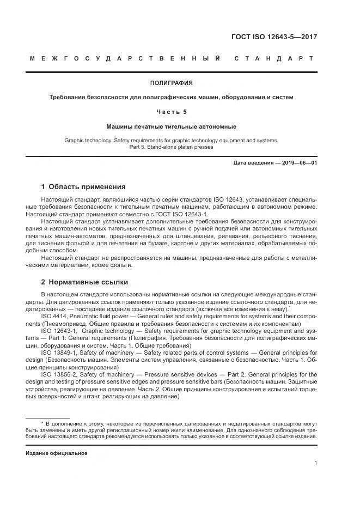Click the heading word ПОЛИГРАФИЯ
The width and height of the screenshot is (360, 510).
click(171, 83)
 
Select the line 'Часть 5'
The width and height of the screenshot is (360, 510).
click(171, 112)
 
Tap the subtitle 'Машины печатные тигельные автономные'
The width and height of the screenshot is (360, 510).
click(171, 126)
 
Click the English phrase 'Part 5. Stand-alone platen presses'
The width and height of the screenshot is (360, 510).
click(171, 147)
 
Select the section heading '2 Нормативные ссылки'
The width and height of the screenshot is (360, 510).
click(84, 282)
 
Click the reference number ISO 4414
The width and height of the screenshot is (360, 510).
click(53, 315)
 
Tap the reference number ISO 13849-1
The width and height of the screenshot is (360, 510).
click(59, 352)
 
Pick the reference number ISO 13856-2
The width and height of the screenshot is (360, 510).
click(59, 374)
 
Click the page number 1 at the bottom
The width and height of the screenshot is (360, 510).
click(316, 463)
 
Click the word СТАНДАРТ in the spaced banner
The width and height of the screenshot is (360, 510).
click(273, 58)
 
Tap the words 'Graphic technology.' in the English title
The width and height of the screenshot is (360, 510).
click(87, 140)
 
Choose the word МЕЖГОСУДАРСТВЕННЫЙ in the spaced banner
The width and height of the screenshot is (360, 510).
click(124, 58)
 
